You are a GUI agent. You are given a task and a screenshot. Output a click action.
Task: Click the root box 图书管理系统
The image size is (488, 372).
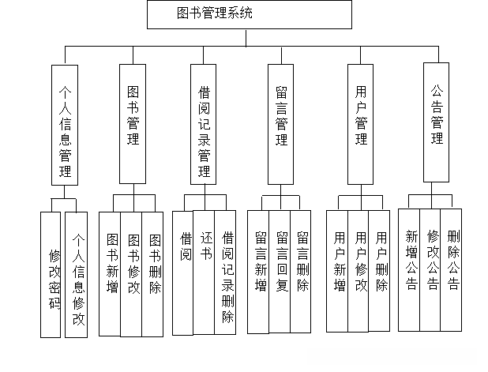tap(249, 14)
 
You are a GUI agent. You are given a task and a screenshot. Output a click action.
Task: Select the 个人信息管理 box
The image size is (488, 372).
tap(65, 125)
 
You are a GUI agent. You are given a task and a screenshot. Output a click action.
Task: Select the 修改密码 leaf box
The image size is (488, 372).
tap(54, 276)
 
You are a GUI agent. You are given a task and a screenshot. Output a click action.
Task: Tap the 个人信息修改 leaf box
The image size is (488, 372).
tap(77, 276)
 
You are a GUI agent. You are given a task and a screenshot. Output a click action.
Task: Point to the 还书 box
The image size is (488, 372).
tap(204, 272)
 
